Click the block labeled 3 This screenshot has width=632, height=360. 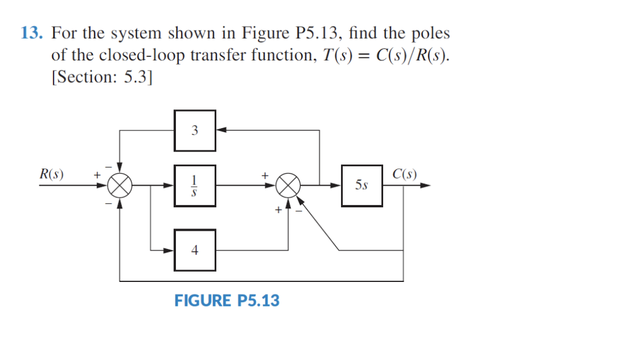[195, 130]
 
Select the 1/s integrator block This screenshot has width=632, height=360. [195, 185]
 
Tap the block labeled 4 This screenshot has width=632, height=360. [195, 249]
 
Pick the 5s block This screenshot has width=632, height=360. [362, 185]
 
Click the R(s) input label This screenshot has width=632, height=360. [51, 174]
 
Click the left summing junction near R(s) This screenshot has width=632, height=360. [120, 185]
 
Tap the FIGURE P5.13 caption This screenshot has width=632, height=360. [227, 300]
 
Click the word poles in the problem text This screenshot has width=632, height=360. [430, 33]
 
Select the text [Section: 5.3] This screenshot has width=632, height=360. [102, 77]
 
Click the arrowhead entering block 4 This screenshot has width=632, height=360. [169, 249]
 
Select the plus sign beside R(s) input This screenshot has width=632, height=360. [97, 175]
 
